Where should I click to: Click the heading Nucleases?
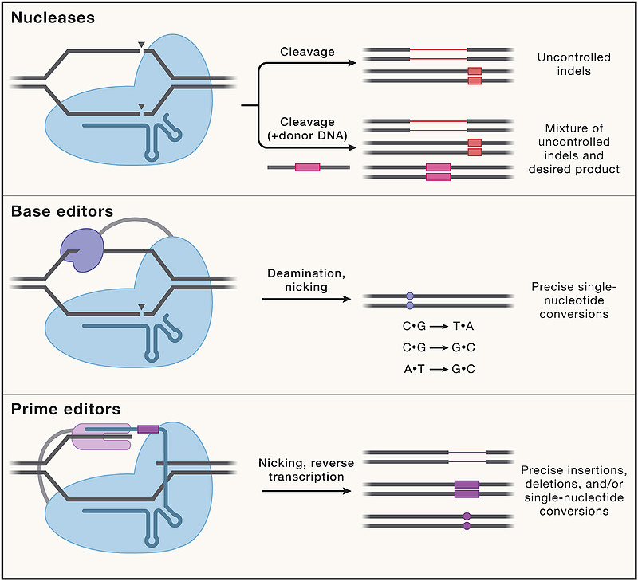[53, 16]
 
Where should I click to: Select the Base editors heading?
[61, 212]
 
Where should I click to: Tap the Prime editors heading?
[65, 410]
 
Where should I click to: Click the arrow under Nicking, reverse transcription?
[305, 490]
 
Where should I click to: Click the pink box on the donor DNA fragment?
[307, 167]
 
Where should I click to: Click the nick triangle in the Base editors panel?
[141, 308]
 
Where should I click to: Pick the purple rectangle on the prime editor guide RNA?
[148, 430]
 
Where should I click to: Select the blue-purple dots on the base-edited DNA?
[409, 300]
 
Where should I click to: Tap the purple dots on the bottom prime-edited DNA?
[467, 521]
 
